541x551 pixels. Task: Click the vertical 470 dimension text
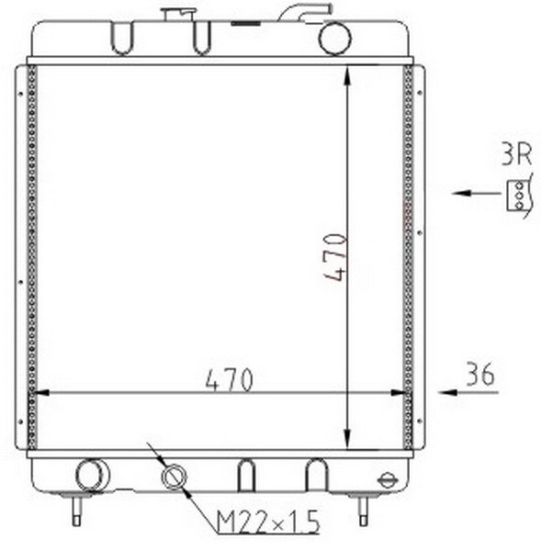coord(335,257)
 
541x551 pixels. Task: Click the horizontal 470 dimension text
coord(229,380)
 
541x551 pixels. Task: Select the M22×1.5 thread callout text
coord(268,522)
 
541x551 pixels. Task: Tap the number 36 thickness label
coord(479,374)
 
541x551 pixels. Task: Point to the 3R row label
coord(516,153)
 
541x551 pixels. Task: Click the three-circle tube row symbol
coord(519,196)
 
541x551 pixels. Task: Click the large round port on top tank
coord(334,39)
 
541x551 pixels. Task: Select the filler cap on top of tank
coord(177,14)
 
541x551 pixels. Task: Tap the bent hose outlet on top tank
coord(305,12)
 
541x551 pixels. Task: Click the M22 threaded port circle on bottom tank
coord(174,477)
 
